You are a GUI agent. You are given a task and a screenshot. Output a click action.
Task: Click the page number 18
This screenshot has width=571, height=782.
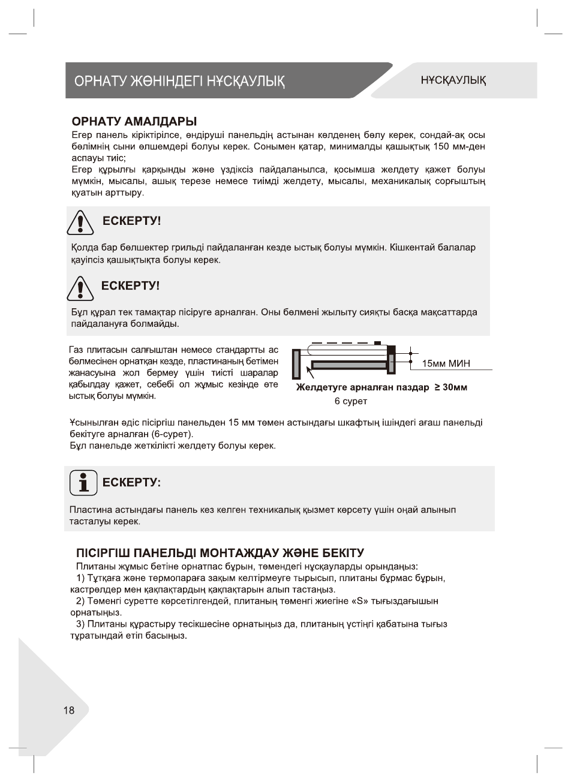tap(69, 711)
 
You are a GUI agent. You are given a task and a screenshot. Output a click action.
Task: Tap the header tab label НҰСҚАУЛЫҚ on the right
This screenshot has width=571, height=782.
tap(453, 80)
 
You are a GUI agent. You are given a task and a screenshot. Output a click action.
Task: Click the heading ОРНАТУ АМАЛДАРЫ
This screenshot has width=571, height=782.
tap(134, 122)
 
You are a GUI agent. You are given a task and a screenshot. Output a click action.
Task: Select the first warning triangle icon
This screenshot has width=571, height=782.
tap(80, 224)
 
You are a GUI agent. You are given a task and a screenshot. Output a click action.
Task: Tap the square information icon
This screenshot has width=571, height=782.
tap(83, 483)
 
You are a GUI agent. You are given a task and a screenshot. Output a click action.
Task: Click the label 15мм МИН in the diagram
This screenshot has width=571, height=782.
tap(446, 363)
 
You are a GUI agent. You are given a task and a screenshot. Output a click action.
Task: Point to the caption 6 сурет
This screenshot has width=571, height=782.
tap(351, 401)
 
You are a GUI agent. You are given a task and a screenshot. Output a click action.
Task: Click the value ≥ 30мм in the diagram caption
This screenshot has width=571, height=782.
tap(450, 387)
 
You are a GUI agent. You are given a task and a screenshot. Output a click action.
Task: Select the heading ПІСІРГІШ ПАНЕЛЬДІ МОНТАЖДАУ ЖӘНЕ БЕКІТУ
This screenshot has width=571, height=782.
tap(220, 552)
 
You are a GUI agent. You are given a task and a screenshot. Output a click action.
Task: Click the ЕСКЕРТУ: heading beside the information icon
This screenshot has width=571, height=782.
tap(131, 483)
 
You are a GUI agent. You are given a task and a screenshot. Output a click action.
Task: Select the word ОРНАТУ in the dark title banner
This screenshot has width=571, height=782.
tap(99, 81)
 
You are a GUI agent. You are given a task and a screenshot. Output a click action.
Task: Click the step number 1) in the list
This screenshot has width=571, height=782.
tap(81, 578)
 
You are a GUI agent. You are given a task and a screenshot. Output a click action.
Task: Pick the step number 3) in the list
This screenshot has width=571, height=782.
tap(81, 624)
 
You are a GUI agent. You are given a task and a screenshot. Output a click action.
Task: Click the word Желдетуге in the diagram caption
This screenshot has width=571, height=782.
tap(322, 387)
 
